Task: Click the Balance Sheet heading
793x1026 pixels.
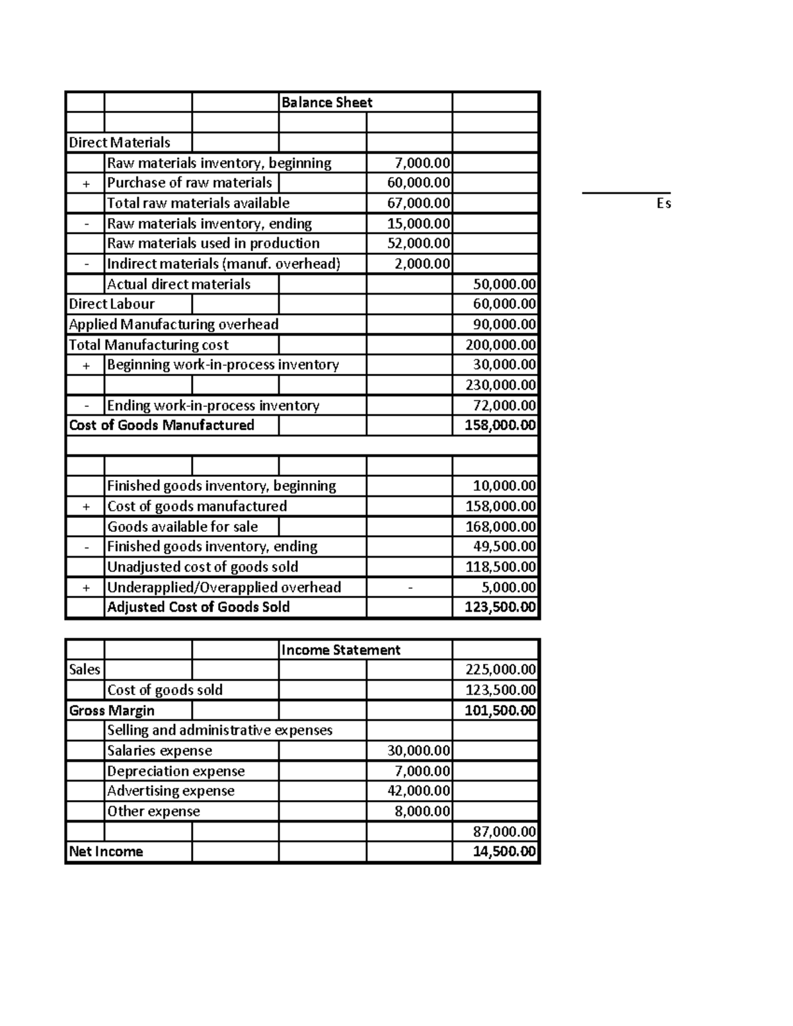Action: [326, 102]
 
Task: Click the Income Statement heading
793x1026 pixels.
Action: [340, 650]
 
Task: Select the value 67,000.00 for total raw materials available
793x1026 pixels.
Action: [418, 203]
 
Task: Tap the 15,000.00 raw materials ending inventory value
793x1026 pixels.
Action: [418, 223]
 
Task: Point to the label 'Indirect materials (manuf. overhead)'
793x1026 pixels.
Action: [223, 264]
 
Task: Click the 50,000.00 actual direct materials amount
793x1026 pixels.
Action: [504, 285]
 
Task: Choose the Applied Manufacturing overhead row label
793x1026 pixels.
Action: [173, 324]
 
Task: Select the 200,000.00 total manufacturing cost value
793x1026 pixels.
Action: [500, 345]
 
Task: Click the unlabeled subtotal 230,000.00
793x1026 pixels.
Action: [500, 385]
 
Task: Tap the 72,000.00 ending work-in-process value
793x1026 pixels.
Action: [504, 406]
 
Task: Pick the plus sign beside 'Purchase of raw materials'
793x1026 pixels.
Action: [86, 183]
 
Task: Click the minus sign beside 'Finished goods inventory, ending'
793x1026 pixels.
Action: [86, 547]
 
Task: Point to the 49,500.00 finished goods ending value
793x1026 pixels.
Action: [504, 546]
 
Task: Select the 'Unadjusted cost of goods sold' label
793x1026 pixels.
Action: [202, 567]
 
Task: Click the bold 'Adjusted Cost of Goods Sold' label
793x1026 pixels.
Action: [198, 607]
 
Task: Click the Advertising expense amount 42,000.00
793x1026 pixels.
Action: [418, 791]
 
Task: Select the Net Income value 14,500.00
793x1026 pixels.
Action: [504, 852]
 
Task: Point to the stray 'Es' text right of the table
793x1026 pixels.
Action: [663, 203]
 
